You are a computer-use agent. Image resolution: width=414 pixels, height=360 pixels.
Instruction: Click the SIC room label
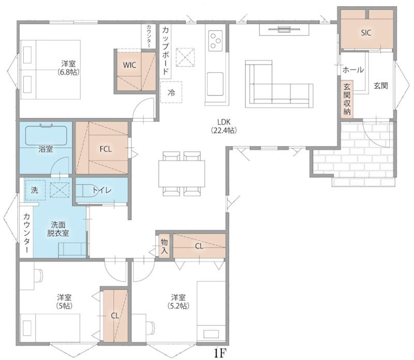(x=366, y=33)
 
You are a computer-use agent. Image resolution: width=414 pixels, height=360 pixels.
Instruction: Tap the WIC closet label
(x=129, y=65)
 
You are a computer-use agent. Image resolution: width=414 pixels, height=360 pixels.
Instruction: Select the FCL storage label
(x=106, y=149)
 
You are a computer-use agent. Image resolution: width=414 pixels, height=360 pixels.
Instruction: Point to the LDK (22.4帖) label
(x=224, y=126)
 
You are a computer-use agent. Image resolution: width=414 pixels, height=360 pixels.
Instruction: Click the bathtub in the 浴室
(x=46, y=135)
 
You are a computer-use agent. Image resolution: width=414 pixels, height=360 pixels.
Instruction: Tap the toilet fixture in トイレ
(x=87, y=190)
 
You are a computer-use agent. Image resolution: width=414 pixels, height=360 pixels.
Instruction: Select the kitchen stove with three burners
(x=215, y=41)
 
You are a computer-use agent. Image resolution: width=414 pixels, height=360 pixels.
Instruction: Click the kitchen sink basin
(x=215, y=84)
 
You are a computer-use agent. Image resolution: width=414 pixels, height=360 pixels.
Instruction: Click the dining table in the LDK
(x=182, y=174)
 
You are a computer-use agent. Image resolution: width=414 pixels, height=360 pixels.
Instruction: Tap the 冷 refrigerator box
(x=171, y=92)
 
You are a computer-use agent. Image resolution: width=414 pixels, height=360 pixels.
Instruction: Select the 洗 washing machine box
(x=35, y=190)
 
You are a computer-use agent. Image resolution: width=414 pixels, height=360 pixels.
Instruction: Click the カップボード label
(x=165, y=50)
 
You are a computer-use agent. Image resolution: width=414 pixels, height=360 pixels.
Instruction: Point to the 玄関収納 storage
(x=347, y=99)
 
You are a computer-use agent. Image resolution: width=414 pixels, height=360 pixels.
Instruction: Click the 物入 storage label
(x=164, y=246)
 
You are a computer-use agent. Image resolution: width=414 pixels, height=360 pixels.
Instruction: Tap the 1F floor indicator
(x=220, y=353)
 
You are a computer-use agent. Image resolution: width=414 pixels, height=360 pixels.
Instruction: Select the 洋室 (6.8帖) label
(x=68, y=68)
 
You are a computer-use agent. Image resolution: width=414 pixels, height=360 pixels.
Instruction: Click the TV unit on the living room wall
(x=284, y=29)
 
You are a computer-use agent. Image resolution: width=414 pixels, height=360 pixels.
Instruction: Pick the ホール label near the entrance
(x=353, y=70)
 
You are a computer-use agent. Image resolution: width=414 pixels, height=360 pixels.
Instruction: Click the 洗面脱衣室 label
(x=58, y=229)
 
